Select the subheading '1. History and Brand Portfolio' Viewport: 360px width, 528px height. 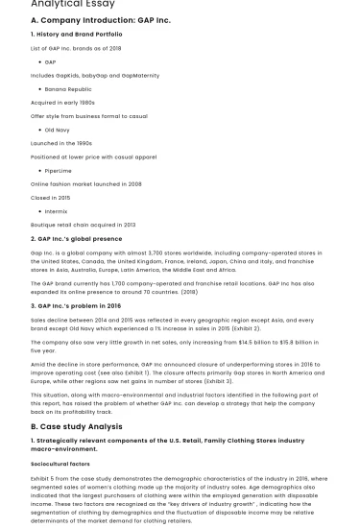(x=77, y=34)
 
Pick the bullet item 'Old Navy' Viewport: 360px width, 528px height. (x=58, y=129)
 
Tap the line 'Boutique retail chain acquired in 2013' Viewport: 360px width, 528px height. (x=84, y=224)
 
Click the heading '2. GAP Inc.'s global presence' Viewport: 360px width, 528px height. (x=77, y=238)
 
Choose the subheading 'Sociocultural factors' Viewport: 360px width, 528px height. (x=63, y=464)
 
